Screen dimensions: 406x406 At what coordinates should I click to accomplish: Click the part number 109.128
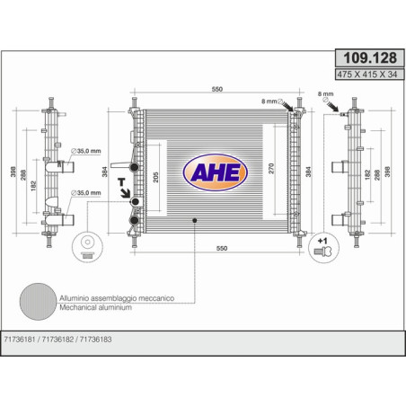370,57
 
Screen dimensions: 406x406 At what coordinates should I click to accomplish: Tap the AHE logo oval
215,172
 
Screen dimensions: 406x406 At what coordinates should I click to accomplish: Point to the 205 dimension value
155,177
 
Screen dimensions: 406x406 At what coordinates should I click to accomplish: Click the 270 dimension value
271,169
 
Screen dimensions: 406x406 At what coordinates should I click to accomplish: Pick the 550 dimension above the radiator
217,89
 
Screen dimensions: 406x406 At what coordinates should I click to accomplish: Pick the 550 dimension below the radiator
222,248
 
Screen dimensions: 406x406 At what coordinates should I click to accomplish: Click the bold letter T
121,182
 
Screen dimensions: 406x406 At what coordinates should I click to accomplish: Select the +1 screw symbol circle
323,248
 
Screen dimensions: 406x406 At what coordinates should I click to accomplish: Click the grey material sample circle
38,302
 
